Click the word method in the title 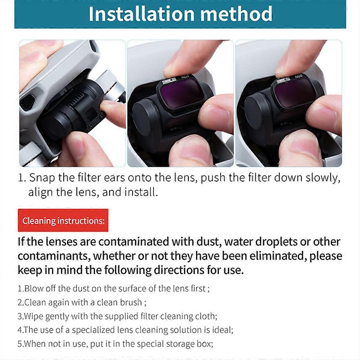236,14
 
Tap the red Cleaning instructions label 63,221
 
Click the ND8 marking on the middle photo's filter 185,78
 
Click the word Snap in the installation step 42,178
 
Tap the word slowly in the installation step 323,178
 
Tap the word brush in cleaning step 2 131,302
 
